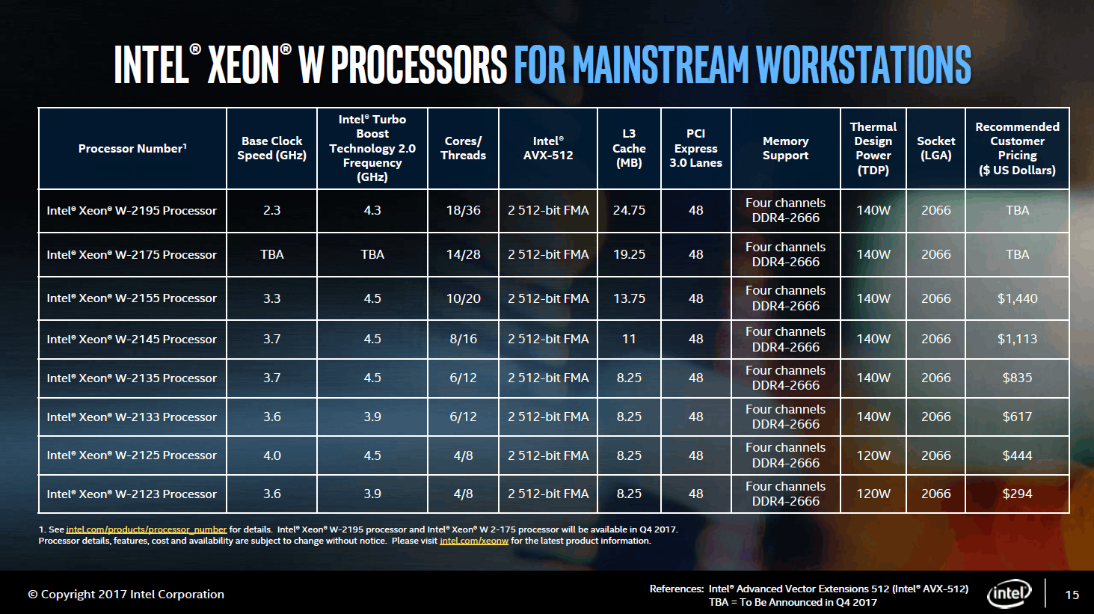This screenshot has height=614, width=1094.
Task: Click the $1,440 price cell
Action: pos(1017,298)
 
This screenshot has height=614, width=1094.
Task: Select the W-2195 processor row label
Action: pos(132,211)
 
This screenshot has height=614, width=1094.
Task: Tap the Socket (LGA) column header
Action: pos(935,148)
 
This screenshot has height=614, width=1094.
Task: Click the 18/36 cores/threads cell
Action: pos(463,211)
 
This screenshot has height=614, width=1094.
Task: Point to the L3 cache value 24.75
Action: pos(629,211)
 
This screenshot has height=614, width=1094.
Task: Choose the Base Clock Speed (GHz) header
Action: pos(271,148)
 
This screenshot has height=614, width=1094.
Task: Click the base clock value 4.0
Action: pos(271,455)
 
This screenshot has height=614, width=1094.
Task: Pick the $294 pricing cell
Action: pos(1017,494)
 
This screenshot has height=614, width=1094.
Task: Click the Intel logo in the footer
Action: pos(1009,594)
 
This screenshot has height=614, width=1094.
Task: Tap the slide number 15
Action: pos(1072,595)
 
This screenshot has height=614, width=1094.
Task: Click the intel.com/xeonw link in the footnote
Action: pos(473,541)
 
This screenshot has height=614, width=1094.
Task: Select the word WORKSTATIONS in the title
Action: pos(863,64)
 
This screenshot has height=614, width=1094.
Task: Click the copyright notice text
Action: pos(126,595)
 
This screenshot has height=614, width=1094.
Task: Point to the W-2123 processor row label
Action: pos(132,494)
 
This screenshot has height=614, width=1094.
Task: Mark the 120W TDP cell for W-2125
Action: pos(873,455)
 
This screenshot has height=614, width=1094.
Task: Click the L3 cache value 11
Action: pos(629,339)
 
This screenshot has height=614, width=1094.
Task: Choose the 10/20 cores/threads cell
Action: pos(463,298)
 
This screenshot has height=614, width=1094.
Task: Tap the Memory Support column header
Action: pos(785,148)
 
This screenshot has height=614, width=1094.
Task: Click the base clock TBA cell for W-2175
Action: pos(271,254)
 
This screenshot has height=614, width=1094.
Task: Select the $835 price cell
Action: pos(1017,378)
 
